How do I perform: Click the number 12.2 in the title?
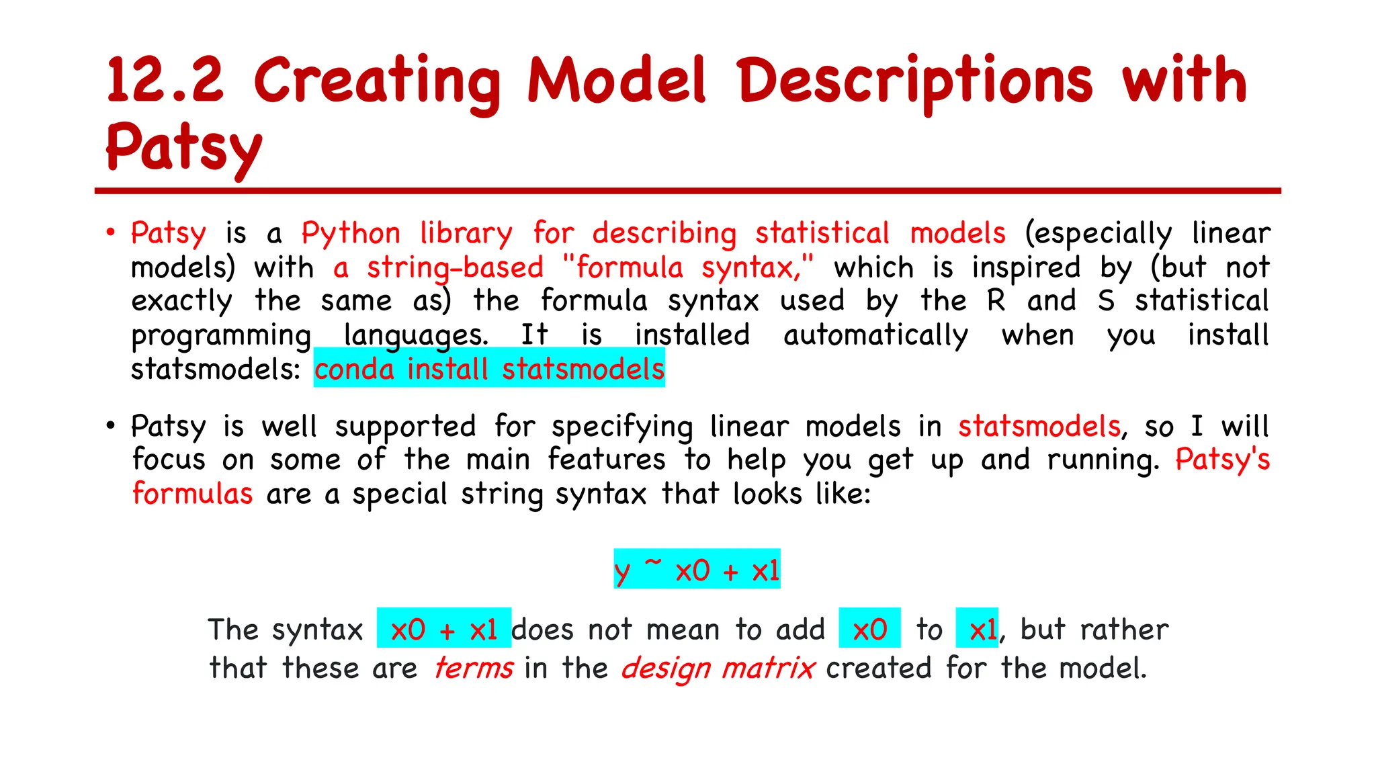tap(165, 81)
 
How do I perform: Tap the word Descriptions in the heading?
tap(915, 82)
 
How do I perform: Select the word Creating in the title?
tap(377, 82)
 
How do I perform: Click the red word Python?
tap(350, 234)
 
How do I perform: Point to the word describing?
tap(664, 234)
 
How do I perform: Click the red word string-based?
tap(455, 267)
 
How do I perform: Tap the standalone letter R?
tap(996, 300)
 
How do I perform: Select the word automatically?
tap(875, 335)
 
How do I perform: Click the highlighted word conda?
tap(354, 369)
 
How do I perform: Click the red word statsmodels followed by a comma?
tap(1039, 427)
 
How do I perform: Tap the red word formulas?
tap(193, 494)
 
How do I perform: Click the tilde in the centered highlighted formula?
tap(653, 562)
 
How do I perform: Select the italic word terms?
tap(474, 668)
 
